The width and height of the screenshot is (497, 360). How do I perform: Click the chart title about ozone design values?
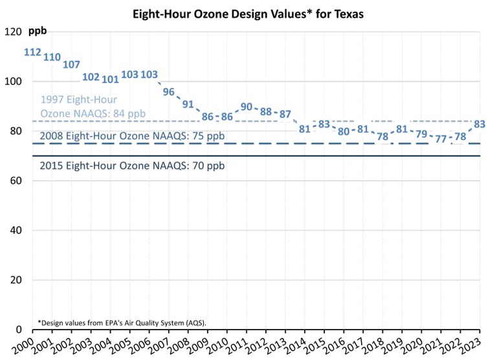click(248, 14)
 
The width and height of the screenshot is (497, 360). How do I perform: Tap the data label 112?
click(32, 52)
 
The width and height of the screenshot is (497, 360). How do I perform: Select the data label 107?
click(72, 64)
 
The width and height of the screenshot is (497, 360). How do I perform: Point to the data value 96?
click(169, 91)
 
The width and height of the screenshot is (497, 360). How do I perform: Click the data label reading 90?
click(247, 107)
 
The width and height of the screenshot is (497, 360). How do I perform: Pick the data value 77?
click(441, 139)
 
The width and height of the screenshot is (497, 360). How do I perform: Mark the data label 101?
click(111, 79)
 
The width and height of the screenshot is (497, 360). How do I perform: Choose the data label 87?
click(285, 114)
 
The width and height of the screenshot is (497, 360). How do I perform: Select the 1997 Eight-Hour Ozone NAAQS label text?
click(93, 107)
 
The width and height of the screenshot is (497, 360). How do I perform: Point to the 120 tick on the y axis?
click(12, 32)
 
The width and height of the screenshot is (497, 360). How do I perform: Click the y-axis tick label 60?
click(15, 181)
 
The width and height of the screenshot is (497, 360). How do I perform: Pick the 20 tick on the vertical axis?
click(15, 280)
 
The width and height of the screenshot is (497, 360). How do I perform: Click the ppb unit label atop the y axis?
click(38, 31)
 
